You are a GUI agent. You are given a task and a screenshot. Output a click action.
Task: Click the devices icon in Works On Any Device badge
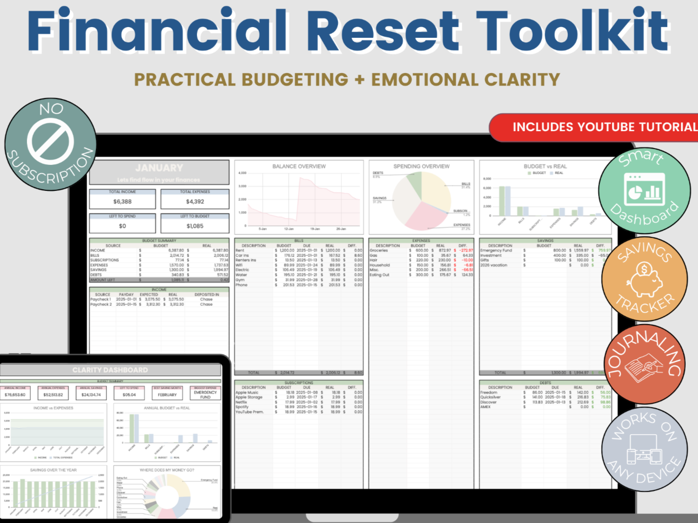pyautogui.click(x=644, y=450)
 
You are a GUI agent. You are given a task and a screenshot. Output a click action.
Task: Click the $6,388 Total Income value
pyautogui.click(x=123, y=202)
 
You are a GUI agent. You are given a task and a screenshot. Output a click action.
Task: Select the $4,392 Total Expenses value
pyautogui.click(x=195, y=202)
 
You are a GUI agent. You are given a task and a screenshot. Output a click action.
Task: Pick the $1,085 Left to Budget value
pyautogui.click(x=195, y=226)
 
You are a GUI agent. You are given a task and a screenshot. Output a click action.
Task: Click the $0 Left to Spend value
pyautogui.click(x=123, y=226)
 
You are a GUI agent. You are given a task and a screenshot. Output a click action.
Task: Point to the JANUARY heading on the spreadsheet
pyautogui.click(x=159, y=168)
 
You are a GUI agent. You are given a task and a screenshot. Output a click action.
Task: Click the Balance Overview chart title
pyautogui.click(x=299, y=166)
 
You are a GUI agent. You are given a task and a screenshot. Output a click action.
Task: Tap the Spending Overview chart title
pyautogui.click(x=421, y=166)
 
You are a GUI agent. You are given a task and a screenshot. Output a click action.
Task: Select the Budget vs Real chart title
pyautogui.click(x=545, y=166)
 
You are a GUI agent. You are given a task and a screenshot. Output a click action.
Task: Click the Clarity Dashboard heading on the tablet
pyautogui.click(x=110, y=370)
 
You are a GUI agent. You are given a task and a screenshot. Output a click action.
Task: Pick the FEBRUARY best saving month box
pyautogui.click(x=167, y=394)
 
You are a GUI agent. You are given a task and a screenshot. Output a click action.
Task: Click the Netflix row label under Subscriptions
pyautogui.click(x=241, y=402)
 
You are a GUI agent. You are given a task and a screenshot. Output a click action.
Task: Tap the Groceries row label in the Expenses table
pyautogui.click(x=379, y=251)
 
